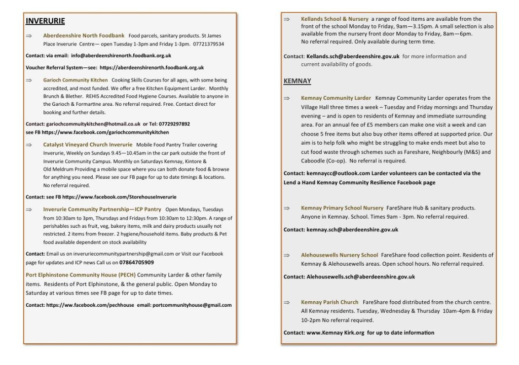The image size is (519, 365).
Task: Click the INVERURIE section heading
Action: [45, 21]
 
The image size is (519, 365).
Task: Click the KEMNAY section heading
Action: [297, 81]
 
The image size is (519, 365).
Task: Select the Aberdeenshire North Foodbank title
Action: [84, 36]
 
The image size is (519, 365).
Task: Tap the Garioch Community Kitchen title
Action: [76, 80]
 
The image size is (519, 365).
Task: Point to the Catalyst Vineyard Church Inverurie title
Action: [88, 145]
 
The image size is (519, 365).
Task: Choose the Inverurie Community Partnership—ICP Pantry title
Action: [102, 209]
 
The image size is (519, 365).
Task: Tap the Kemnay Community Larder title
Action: [336, 98]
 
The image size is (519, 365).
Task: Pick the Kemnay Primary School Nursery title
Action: [342, 208]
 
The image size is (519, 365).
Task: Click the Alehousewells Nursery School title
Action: [340, 255]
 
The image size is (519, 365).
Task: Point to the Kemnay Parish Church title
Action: [329, 302]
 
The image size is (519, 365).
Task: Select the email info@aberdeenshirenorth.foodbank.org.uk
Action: [121, 56]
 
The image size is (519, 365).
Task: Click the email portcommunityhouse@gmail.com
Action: [192, 305]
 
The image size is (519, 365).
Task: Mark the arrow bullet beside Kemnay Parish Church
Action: [287, 302]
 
